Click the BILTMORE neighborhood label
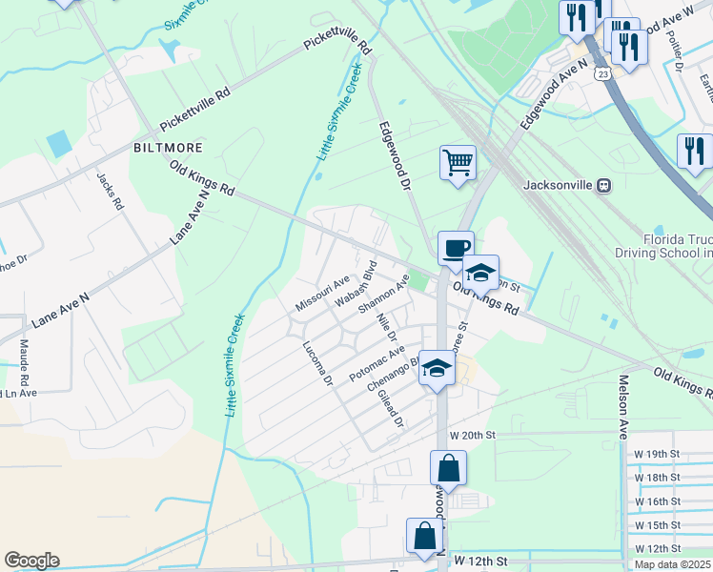[x=167, y=149]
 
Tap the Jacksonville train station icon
[x=602, y=185]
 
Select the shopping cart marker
[x=458, y=162]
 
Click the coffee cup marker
[x=456, y=248]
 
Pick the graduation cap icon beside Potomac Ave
[x=437, y=369]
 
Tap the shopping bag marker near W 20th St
[x=447, y=469]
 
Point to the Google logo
[x=31, y=561]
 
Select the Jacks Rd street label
[x=110, y=191]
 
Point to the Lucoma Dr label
[x=316, y=363]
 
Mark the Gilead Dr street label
[x=391, y=407]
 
